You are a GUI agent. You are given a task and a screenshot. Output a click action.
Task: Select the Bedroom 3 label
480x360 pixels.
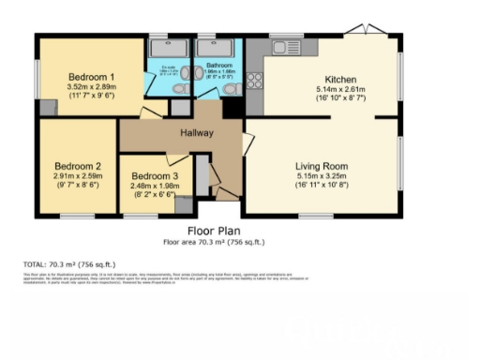click(155, 176)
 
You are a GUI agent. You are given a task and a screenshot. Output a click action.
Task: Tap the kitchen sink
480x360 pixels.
click(281, 46)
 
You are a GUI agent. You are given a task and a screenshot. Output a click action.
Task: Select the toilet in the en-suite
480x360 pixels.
click(179, 89)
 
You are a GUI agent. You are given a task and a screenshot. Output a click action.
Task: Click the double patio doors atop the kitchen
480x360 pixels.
click(361, 32)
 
